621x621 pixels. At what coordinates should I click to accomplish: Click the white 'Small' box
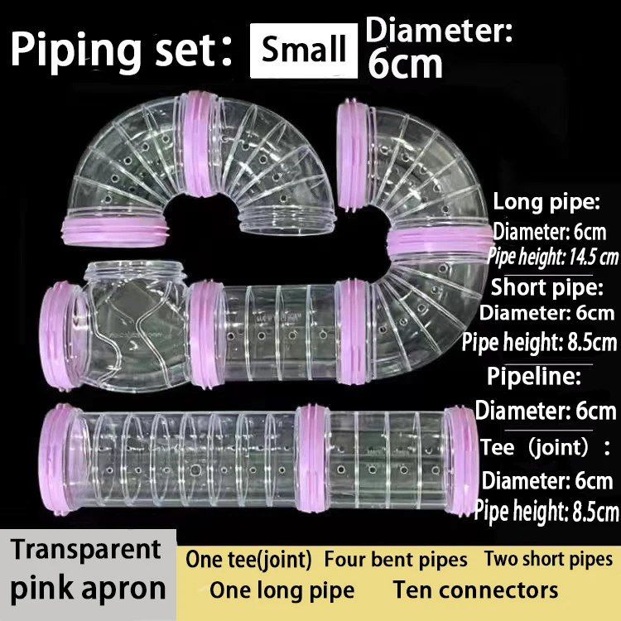coord(304,50)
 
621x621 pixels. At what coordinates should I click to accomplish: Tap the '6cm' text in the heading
coord(405,65)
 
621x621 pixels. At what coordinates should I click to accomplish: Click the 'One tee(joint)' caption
coord(248,560)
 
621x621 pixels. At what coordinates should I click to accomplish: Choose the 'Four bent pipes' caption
coord(396,560)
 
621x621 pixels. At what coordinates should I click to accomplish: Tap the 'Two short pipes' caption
coord(548,559)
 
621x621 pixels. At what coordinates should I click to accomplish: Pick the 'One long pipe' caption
coord(282,590)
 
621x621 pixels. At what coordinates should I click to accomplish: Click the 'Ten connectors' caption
coord(475,590)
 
